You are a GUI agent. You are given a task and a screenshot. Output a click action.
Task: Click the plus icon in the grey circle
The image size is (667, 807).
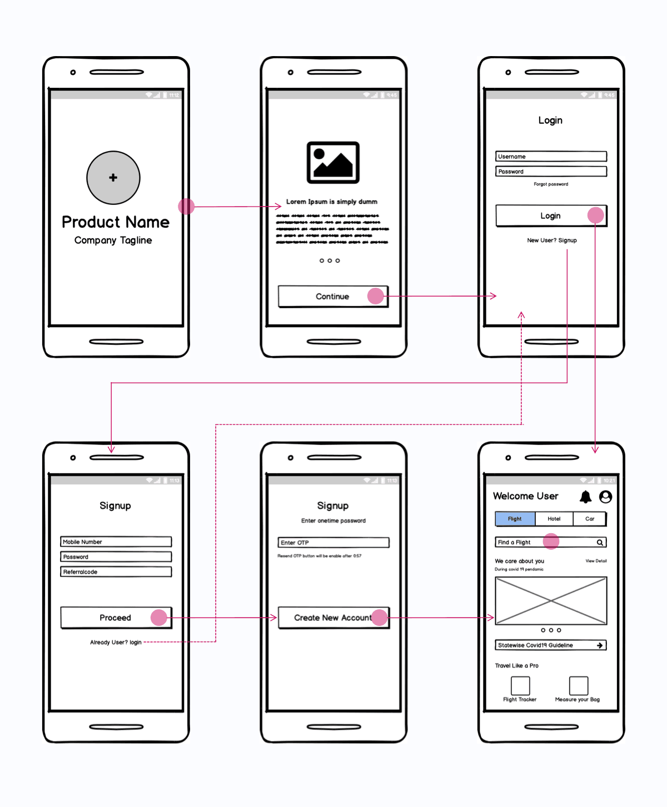click(x=113, y=178)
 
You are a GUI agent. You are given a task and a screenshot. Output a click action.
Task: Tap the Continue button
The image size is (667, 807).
click(x=332, y=297)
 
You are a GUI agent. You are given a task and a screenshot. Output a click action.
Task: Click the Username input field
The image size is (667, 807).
click(x=551, y=157)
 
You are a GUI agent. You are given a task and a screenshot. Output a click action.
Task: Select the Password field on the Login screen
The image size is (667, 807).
click(x=551, y=172)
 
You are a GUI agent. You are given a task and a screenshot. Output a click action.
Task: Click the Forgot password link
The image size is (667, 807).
click(x=551, y=184)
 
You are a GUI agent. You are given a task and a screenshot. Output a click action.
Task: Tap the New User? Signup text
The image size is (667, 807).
click(x=552, y=240)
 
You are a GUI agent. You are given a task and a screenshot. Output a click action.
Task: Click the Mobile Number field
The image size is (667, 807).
click(x=116, y=542)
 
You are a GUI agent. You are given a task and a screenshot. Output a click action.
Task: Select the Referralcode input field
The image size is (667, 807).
click(x=116, y=572)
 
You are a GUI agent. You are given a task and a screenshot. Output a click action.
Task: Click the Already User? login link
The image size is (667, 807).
click(x=116, y=643)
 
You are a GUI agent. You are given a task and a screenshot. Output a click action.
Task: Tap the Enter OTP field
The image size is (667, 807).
click(x=333, y=543)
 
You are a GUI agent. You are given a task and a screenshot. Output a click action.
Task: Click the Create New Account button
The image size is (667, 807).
click(x=333, y=618)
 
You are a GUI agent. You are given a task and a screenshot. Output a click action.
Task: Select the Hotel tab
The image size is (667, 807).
click(x=554, y=519)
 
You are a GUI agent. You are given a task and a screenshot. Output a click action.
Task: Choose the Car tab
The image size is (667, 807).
click(x=590, y=519)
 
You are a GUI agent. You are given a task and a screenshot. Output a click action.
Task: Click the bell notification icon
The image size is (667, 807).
click(x=585, y=497)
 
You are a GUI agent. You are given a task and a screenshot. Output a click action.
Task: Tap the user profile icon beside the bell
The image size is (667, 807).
click(x=605, y=497)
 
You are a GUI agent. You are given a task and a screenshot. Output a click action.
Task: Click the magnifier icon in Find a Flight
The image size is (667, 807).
click(x=600, y=543)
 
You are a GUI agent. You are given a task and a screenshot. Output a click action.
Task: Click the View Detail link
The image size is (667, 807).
click(x=596, y=561)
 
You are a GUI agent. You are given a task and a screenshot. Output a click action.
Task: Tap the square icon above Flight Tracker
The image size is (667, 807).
click(x=520, y=685)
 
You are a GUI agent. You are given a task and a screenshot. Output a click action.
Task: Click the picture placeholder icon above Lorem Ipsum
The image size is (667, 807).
click(x=333, y=162)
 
